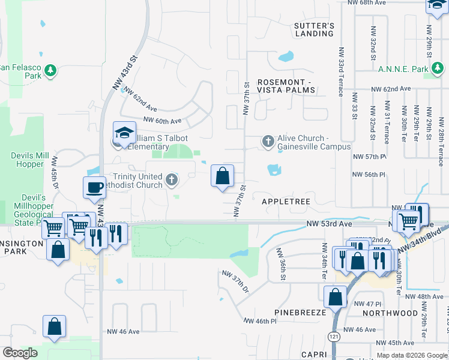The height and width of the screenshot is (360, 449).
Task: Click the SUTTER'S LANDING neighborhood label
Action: pos(313,29)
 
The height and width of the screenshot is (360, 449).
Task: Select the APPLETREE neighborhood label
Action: pos(286,202)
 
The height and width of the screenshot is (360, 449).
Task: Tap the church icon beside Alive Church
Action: pos(268,142)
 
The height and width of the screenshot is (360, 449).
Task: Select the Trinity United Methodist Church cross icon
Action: pos(172,180)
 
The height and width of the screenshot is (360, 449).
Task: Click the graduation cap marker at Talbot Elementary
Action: pos(125,133)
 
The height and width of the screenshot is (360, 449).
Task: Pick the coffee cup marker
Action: pos(94,187)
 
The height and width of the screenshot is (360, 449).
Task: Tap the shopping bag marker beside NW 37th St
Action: pos(222,176)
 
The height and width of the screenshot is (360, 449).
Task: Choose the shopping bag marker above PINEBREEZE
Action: pos(335,296)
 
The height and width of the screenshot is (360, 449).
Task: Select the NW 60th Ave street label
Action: pos(162,121)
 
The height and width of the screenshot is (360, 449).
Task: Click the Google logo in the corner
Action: pos(20,353)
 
